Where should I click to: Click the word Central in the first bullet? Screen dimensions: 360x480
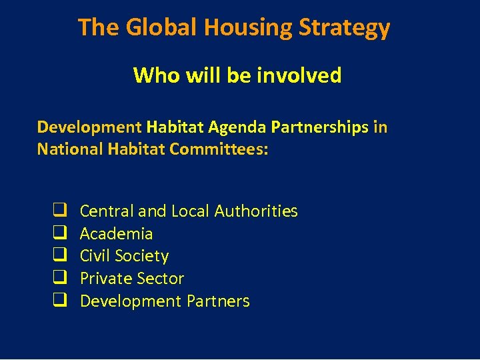[x=107, y=211]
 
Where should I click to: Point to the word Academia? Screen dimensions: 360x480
[x=116, y=234]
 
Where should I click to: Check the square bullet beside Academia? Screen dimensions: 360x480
[x=59, y=233]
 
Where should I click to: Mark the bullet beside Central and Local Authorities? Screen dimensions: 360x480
[x=59, y=211]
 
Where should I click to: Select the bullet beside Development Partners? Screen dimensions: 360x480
[x=59, y=301]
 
